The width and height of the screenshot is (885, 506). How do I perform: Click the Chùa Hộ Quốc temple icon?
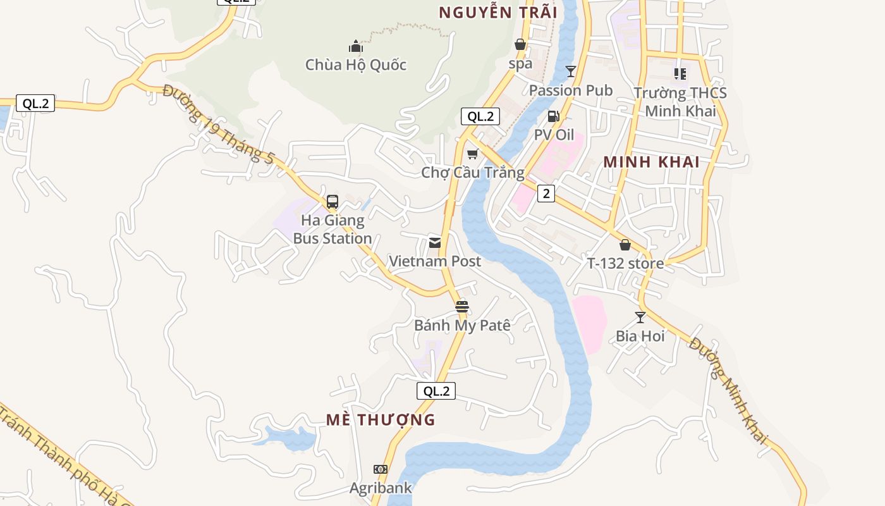356,46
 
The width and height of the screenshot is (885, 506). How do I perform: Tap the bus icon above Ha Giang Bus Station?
333,202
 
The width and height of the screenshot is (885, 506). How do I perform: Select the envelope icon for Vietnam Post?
435,243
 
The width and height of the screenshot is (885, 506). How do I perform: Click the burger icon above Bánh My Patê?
462,307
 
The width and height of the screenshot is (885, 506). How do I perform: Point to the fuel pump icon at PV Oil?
553,116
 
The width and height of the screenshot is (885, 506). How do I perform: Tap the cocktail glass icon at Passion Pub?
571,71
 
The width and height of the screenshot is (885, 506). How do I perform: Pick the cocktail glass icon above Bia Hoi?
640,318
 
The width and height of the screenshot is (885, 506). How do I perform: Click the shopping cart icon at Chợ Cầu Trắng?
472,154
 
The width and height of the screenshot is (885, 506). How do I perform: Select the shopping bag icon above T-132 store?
625,245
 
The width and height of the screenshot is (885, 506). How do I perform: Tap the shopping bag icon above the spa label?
520,44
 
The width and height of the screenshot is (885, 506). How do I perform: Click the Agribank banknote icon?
381,469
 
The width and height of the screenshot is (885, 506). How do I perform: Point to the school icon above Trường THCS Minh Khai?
680,74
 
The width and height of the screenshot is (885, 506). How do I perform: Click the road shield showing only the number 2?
546,194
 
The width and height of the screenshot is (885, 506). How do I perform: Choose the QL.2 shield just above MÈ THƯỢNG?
436,391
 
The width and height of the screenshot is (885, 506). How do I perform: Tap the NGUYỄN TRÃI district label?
498,13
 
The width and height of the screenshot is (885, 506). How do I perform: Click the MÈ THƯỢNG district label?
381,419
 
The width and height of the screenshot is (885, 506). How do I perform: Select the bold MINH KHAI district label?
651,162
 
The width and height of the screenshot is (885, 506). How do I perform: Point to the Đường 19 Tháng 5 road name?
218,125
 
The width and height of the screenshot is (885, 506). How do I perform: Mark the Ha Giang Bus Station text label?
333,230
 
